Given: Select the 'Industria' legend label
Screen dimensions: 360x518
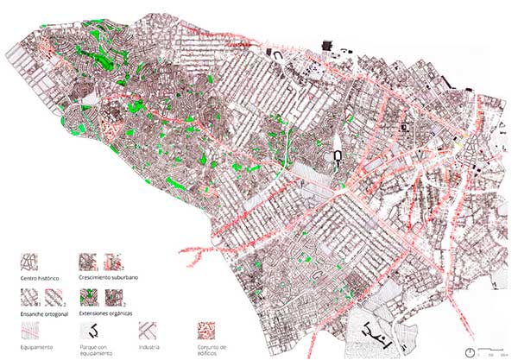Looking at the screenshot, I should point(149,346).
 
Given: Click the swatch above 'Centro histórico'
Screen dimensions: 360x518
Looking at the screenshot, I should point(32,262).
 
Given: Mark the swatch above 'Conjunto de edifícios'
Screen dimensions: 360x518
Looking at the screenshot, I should point(208,331).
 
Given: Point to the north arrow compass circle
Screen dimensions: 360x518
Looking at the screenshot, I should point(471,351).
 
